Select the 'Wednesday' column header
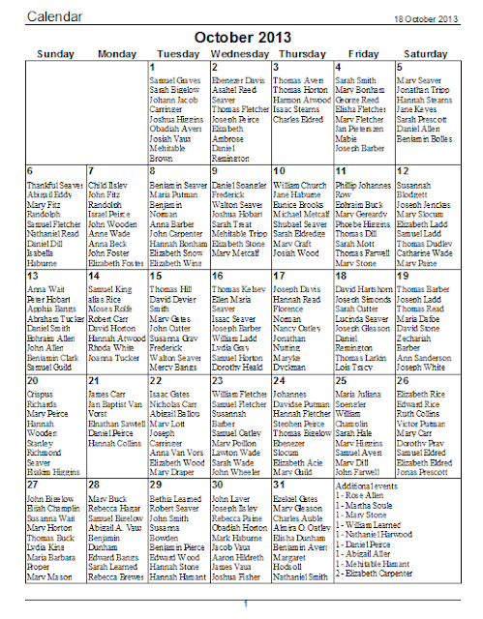pyautogui.click(x=241, y=53)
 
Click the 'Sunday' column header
pyautogui.click(x=54, y=53)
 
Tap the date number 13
pyautogui.click(x=31, y=276)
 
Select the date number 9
pyautogui.click(x=214, y=171)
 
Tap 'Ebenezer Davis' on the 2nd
pyautogui.click(x=238, y=79)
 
